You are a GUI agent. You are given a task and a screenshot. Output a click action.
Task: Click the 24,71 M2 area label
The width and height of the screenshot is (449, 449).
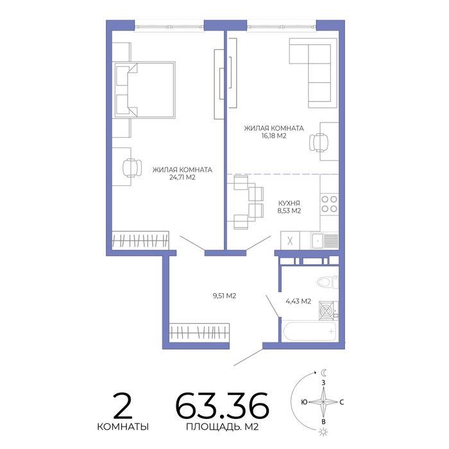point(182,178)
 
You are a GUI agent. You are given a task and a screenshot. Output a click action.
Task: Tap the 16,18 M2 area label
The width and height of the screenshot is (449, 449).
point(274,136)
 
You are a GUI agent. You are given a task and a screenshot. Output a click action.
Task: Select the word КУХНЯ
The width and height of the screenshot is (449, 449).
point(289,203)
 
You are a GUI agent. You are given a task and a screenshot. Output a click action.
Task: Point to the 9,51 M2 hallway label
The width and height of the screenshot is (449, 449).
point(224,296)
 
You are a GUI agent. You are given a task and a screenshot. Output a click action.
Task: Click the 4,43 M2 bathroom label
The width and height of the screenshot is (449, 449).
point(298,301)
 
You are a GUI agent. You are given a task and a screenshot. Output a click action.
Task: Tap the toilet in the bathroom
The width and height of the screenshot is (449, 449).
point(328,282)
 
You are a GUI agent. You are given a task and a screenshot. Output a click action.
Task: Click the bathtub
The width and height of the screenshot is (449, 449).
point(310,332)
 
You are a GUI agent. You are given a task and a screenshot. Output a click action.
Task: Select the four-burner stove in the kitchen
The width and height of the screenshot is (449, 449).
point(329,203)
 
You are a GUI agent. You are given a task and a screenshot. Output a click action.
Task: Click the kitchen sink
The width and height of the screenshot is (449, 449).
point(318,241)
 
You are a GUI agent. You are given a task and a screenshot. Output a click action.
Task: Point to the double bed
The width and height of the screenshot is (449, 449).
point(144,89)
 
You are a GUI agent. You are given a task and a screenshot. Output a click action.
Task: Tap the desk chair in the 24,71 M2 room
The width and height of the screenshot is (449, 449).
point(132,167)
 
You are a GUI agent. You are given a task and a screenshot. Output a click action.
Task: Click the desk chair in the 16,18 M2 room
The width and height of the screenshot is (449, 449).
point(319,142)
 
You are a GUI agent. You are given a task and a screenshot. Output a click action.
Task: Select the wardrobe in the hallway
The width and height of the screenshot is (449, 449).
point(199,332)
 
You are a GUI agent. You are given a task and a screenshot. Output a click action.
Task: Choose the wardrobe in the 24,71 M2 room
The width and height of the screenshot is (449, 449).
point(140,241)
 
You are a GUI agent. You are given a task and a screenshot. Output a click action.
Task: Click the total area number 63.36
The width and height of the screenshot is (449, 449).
point(222,406)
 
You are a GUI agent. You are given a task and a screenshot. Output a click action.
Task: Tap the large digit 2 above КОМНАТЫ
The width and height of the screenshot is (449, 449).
point(123,406)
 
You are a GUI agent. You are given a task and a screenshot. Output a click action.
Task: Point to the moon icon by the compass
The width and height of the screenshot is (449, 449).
point(323,373)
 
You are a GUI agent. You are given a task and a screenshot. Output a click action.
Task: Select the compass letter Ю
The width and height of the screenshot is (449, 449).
point(305,402)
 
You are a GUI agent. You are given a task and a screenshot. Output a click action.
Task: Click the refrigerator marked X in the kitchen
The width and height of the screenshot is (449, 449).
point(290,241)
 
